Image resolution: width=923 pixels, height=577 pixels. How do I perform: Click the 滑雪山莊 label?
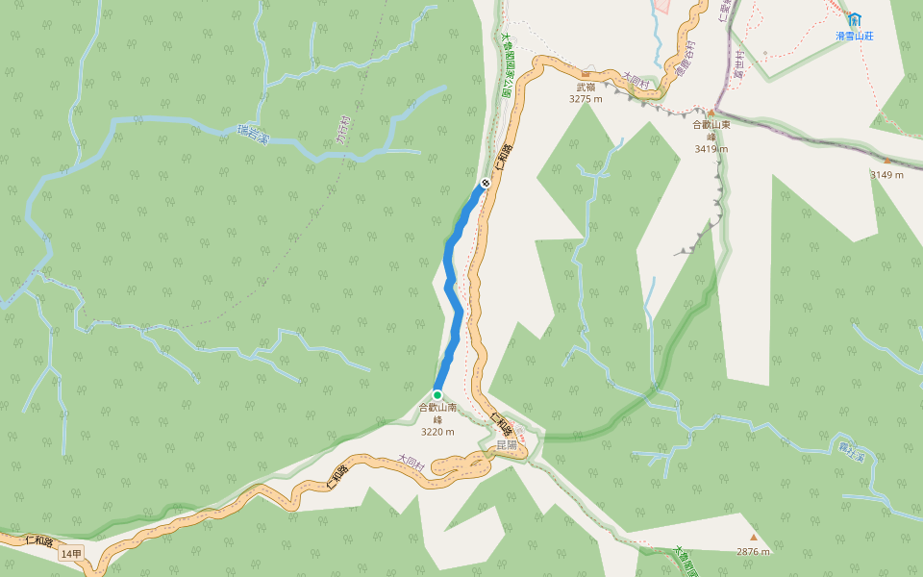[854, 36]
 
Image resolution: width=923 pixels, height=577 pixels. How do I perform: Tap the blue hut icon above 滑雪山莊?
[854, 18]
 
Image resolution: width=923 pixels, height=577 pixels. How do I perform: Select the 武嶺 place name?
[586, 87]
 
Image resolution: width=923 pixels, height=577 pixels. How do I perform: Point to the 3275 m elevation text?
[586, 98]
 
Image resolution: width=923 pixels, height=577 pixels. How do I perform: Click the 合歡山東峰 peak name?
[711, 130]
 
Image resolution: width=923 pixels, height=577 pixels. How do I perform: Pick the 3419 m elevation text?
[711, 149]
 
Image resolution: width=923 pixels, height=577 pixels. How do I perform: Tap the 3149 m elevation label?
[887, 175]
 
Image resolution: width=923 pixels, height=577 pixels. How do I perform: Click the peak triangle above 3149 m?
[886, 162]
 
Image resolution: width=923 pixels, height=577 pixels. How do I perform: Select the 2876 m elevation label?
[754, 551]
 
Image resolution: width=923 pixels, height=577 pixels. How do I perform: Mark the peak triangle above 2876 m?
[754, 538]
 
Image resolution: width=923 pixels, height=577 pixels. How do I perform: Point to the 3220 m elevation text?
[437, 432]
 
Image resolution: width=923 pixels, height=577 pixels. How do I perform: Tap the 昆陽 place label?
[507, 445]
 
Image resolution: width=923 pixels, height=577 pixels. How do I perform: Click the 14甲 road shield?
[71, 554]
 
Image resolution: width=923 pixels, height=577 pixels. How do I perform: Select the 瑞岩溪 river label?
[253, 135]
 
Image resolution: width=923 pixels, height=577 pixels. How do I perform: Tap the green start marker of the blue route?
[437, 394]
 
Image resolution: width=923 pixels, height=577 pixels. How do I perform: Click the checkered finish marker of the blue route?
[485, 182]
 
